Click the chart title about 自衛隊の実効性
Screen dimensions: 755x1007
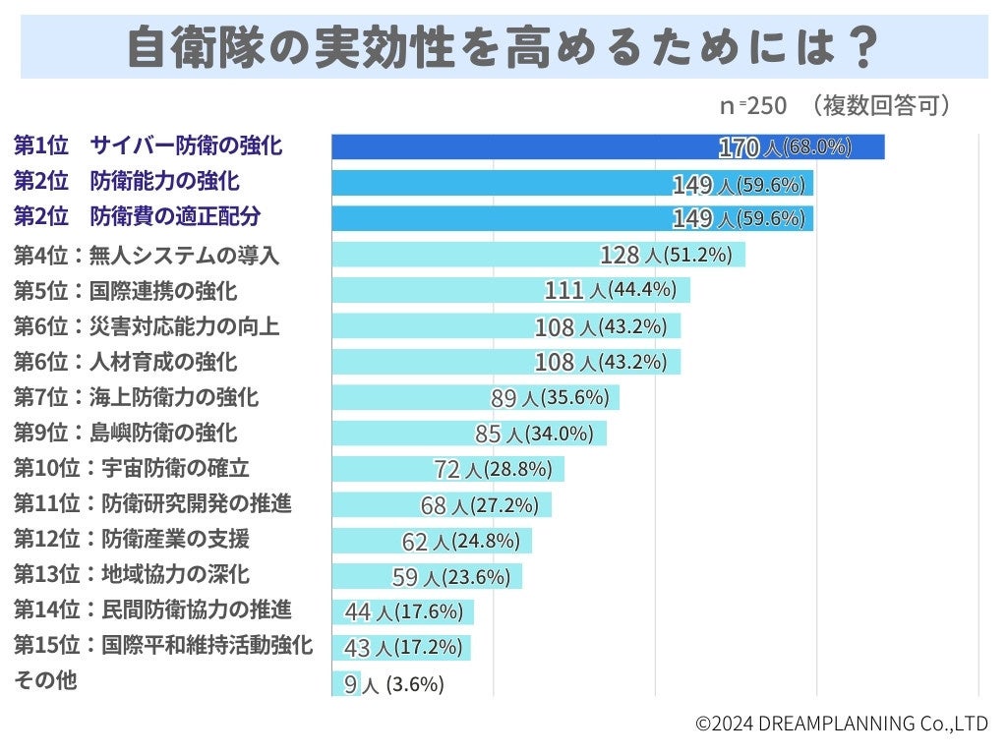[x=503, y=46]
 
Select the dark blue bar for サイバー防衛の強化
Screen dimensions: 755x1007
[x=521, y=146]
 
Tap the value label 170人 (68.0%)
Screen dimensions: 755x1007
[x=785, y=147]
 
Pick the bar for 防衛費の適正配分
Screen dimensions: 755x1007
[x=492, y=218]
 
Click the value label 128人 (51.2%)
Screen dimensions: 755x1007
[x=666, y=255]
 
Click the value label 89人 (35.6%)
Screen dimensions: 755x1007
[x=550, y=397]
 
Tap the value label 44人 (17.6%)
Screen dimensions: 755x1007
[x=403, y=611]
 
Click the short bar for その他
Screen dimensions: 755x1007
[x=346, y=683]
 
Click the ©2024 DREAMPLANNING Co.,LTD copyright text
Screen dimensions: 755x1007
[x=841, y=724]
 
